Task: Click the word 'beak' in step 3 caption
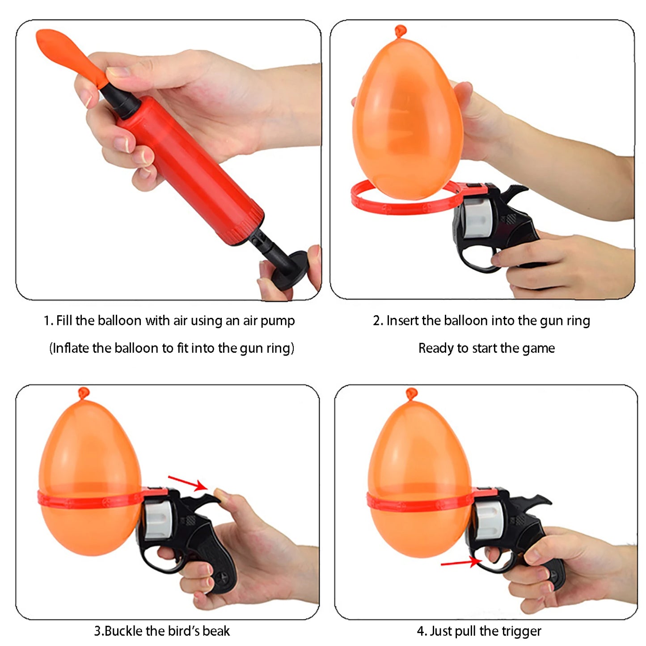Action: (x=216, y=631)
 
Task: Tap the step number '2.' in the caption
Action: (x=378, y=321)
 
